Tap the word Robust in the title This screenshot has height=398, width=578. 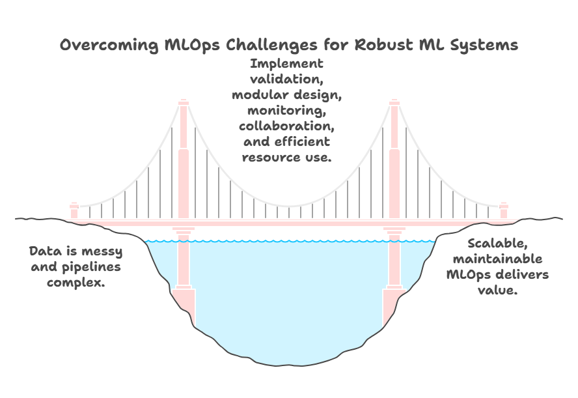click(x=377, y=45)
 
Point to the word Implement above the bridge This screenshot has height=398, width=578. click(x=286, y=64)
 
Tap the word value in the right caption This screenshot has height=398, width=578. click(x=497, y=291)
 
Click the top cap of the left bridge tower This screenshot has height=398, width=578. click(x=183, y=102)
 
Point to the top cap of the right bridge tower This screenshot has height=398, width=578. click(x=394, y=102)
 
